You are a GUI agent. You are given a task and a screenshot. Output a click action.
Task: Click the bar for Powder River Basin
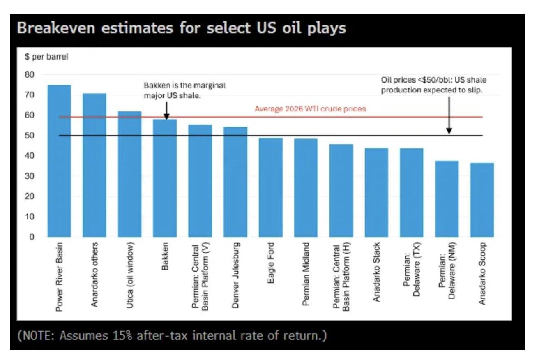click(59, 161)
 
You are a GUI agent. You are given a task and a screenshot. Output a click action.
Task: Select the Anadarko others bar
click(94, 165)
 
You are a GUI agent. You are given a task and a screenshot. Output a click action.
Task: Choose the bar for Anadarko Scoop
click(482, 200)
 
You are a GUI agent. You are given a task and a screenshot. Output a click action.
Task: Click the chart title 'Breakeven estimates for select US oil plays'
click(181, 28)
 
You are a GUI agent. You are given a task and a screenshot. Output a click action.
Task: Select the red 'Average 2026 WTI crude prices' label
click(310, 109)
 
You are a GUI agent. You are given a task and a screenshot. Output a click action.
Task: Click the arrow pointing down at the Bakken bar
click(166, 111)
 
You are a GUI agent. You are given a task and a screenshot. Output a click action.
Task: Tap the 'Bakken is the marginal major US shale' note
click(185, 90)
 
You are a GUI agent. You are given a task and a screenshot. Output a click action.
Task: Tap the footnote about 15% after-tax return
click(172, 335)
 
